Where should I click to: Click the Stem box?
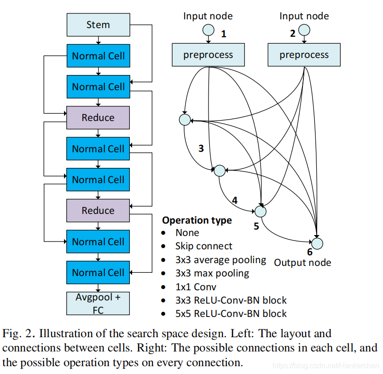click(98, 25)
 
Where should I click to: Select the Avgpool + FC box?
click(98, 304)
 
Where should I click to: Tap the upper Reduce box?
click(98, 118)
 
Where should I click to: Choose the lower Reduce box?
click(98, 210)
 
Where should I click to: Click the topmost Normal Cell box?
click(98, 56)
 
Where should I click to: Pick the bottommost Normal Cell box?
click(98, 272)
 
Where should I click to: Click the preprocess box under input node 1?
click(208, 55)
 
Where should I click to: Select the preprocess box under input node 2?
click(304, 55)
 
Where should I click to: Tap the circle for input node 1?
click(209, 30)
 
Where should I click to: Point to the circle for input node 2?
click(304, 30)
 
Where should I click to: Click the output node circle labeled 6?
click(317, 243)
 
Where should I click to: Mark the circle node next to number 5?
click(261, 212)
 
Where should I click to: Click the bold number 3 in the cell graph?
click(201, 149)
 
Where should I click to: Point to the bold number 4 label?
click(235, 201)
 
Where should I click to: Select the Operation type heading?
click(197, 220)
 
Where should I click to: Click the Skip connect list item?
click(204, 246)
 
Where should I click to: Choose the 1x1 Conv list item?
click(196, 287)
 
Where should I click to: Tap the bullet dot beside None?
click(163, 233)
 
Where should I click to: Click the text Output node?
click(302, 263)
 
